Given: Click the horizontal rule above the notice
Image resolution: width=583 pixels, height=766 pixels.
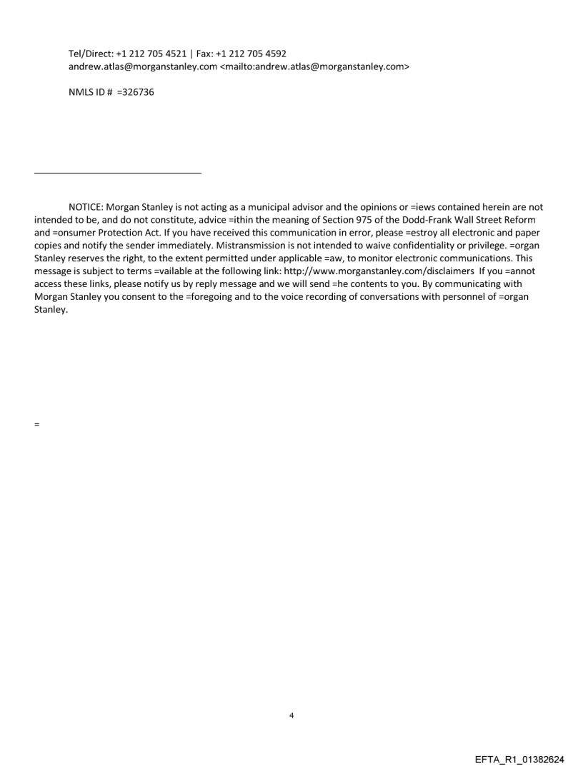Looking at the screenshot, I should pyautogui.click(x=118, y=173).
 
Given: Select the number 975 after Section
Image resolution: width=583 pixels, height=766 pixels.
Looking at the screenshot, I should pyautogui.click(x=360, y=220).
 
